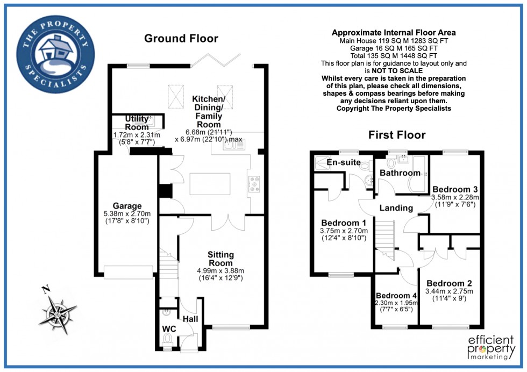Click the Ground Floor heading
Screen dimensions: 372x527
(x=181, y=38)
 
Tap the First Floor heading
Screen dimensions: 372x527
(x=397, y=134)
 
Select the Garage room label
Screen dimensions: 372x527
(x=127, y=206)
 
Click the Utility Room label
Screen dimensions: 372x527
(x=136, y=123)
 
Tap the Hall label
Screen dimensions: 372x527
(x=190, y=319)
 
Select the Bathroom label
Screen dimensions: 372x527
(x=400, y=173)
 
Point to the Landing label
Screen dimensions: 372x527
(x=396, y=208)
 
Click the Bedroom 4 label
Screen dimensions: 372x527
(x=396, y=296)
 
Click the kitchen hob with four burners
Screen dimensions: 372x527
(x=254, y=184)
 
